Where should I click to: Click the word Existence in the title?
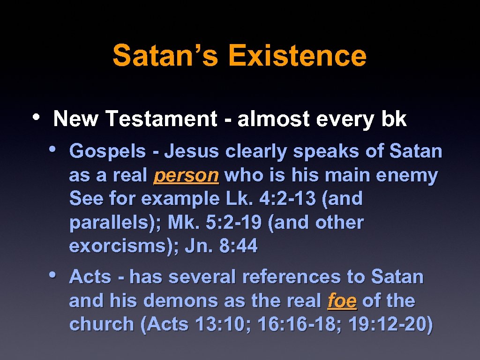[297, 55]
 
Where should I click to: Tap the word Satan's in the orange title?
[165, 55]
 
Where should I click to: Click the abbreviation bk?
[394, 120]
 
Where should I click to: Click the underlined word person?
[186, 176]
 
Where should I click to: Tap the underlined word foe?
[342, 301]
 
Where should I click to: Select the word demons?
[180, 301]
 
